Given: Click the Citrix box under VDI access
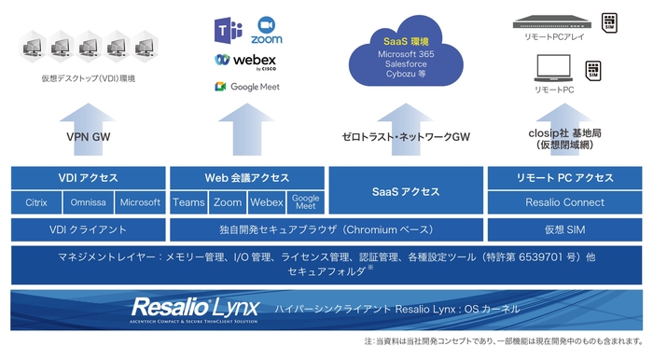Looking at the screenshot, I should point(35,202).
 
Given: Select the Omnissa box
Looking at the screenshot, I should point(89,202).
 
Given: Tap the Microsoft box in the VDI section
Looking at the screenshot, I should point(140,202).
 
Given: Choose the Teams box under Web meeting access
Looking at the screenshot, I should point(188,202).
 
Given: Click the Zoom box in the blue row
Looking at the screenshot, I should point(228,202).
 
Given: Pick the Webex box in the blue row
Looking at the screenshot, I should point(267,202).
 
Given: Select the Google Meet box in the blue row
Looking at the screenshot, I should point(305,202).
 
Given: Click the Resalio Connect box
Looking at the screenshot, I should point(565,202).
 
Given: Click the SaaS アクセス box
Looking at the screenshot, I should point(406,191).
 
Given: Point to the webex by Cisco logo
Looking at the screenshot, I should point(247,61).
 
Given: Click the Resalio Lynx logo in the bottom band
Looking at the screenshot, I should point(191,309).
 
